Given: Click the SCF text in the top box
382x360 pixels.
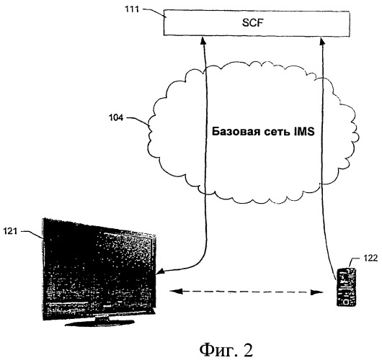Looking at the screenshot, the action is pos(253,23).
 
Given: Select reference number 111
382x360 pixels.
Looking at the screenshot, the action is pos(132,9).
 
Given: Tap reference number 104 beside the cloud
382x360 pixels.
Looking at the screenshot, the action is pos(116,118).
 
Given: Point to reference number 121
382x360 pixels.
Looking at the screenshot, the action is pos(10,230).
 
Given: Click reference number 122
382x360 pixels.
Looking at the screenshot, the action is pos(370,258).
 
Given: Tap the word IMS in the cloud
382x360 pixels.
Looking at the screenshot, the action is pos(304,132).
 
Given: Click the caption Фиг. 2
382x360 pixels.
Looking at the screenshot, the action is pos(226,350).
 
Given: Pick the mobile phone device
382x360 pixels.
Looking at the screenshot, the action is pos(346,287).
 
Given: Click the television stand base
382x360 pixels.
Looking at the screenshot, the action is pos(100,322).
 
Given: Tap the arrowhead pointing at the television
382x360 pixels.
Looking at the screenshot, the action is pos(160,271).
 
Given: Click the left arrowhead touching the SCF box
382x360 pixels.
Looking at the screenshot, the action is pos(203,40).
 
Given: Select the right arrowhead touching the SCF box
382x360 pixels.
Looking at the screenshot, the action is pos(322,40).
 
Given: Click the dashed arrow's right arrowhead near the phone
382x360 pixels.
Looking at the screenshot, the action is pos(317,292).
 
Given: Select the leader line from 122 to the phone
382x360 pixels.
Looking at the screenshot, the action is pos(353,261).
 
